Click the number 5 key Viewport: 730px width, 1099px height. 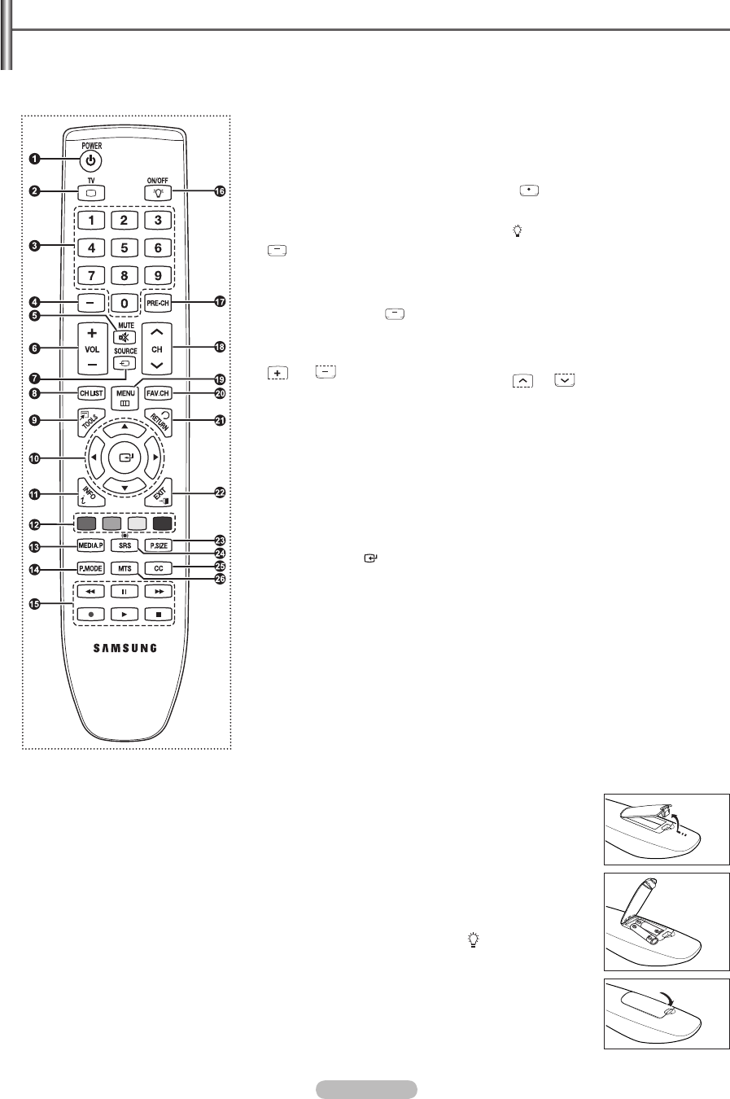click(125, 248)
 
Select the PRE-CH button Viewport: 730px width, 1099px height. click(158, 301)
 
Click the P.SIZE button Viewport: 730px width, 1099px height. click(158, 545)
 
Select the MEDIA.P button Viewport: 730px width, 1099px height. click(91, 545)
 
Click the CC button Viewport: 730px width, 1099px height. click(158, 567)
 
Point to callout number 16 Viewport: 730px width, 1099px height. click(218, 191)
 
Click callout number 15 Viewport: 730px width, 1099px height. click(35, 602)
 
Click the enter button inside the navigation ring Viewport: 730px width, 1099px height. click(125, 458)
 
